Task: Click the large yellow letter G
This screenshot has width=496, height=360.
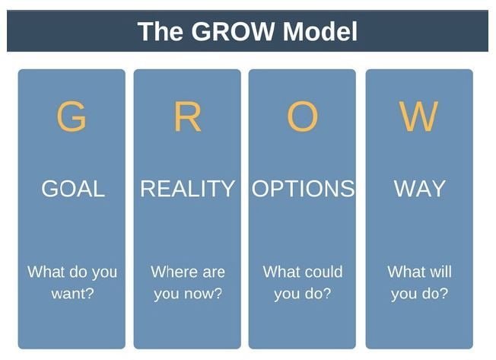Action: point(72,117)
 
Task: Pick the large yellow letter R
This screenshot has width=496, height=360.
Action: point(187,117)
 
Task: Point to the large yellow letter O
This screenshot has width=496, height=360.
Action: point(302,117)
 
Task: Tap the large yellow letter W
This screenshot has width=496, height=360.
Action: point(419,117)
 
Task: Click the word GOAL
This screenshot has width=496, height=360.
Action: point(72,189)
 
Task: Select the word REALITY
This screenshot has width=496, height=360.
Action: point(187,189)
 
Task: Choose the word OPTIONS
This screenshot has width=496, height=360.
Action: point(303,189)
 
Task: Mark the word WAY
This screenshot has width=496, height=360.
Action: point(419,189)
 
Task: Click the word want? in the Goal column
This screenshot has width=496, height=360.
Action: point(72,293)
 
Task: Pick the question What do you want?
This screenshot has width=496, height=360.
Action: point(72,282)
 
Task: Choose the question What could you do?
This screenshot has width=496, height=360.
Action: point(303,282)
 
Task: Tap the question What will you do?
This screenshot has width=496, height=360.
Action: point(419,282)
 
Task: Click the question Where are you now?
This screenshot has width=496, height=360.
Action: point(188,282)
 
